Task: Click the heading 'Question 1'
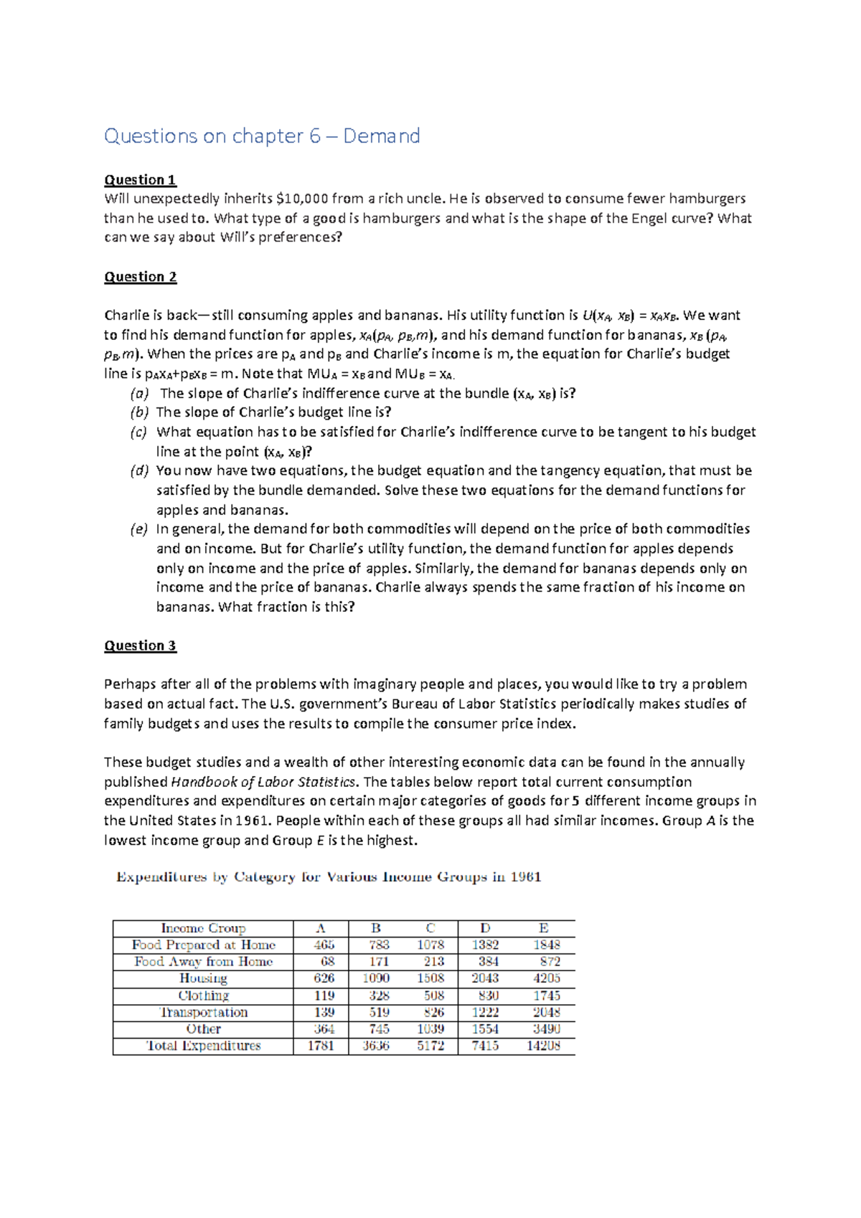point(140,179)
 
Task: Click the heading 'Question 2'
point(140,277)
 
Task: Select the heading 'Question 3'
point(140,646)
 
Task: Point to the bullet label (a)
point(139,393)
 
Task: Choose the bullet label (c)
point(138,432)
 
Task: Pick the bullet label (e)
point(138,529)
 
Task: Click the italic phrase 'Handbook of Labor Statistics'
point(263,782)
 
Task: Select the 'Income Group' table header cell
point(203,928)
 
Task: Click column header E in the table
point(543,928)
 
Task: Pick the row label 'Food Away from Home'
point(203,961)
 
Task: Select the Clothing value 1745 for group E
point(547,996)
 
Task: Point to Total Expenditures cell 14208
point(543,1046)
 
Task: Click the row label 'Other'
point(203,1029)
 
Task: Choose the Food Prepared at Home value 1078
point(430,945)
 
